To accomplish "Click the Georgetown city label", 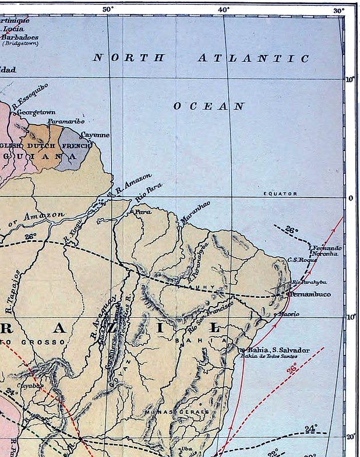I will coord(36,112).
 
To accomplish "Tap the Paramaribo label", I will coord(66,122).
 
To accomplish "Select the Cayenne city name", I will coord(94,135).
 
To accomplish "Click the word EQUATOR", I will coord(280,194).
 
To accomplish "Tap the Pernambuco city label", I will coord(310,294).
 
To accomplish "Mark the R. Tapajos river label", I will coord(16,286).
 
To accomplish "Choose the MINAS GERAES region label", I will coord(177,412).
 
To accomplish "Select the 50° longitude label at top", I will coord(108,9).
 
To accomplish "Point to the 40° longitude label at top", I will coord(224,9).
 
